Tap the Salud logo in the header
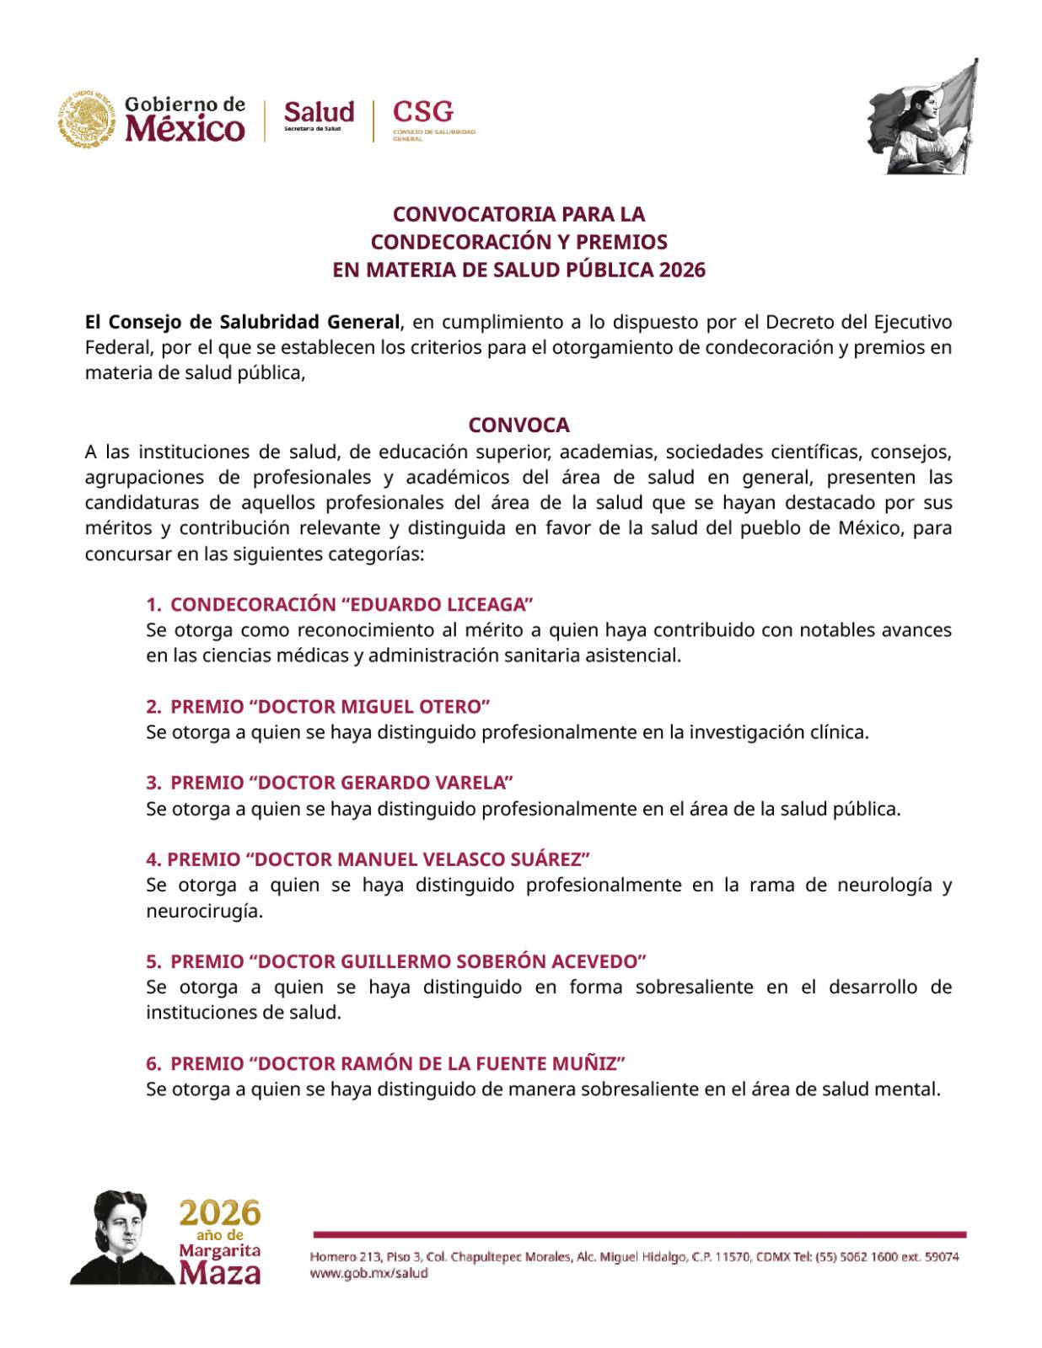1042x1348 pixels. (318, 113)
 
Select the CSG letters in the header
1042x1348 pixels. (423, 111)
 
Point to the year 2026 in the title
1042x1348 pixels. (683, 270)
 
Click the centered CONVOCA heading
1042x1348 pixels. (518, 425)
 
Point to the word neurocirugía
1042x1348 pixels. (204, 911)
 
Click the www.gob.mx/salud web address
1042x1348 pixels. (369, 1274)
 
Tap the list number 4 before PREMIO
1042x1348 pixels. (153, 859)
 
